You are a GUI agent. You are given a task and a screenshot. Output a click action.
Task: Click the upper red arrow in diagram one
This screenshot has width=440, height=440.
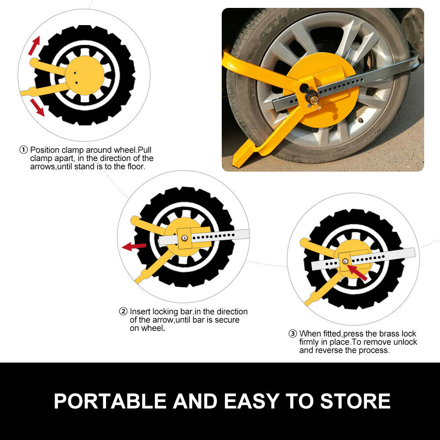pos(34,45)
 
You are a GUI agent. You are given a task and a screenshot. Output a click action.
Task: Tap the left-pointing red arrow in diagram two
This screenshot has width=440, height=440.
pos(133,246)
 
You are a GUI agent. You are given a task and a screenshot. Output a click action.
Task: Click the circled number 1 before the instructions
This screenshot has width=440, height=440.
pos(24,150)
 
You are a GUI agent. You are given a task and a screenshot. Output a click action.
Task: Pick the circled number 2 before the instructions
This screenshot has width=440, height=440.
pos(123,312)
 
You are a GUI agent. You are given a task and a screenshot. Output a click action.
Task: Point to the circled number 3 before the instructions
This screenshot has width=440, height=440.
pos(293,334)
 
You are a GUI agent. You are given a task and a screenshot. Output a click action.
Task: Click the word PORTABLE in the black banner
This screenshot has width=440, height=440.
pos(110,401)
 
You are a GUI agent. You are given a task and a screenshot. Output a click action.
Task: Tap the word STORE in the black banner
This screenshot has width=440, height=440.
pos(355,401)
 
